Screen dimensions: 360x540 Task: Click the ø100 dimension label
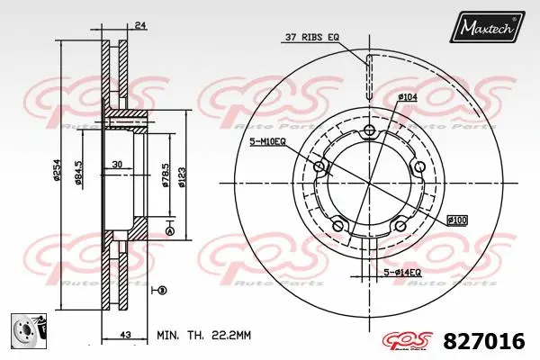(456, 220)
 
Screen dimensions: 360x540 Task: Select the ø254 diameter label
(56, 171)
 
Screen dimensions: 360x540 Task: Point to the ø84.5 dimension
(79, 171)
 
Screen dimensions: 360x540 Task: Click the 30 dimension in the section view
(118, 165)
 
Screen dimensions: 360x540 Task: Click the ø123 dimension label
(183, 171)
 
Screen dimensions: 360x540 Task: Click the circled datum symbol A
(171, 232)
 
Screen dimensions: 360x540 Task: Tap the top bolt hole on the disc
(368, 132)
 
